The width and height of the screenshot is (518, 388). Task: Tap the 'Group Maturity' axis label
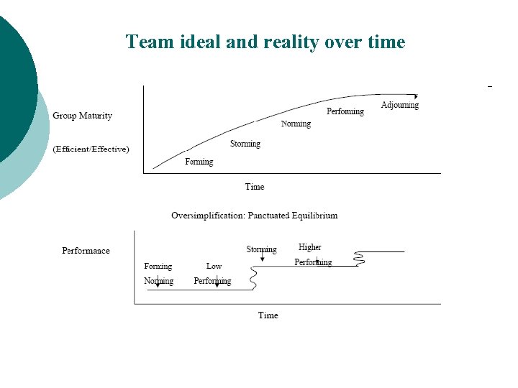tap(83, 116)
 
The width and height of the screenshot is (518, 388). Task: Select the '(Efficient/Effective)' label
tap(91, 149)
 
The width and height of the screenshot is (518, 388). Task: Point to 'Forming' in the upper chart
tap(199, 162)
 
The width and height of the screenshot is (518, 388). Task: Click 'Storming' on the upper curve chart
tap(245, 144)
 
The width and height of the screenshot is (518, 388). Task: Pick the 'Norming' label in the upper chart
tap(296, 124)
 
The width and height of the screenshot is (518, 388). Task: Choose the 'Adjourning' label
tap(399, 105)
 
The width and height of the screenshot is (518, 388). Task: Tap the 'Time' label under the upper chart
tap(255, 187)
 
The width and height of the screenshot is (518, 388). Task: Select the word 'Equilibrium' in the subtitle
tap(313, 216)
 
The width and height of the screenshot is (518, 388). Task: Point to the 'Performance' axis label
tap(86, 251)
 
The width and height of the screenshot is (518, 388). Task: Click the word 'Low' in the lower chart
tap(214, 267)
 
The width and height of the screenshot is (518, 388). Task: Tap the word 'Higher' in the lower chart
tap(310, 247)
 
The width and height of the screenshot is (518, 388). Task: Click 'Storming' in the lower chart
tap(261, 250)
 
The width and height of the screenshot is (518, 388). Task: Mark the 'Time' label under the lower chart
tap(268, 315)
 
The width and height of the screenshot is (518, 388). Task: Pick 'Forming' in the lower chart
tap(158, 267)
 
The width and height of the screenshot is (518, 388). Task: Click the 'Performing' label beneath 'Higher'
tap(313, 262)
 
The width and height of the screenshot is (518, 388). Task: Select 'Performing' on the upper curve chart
tap(345, 111)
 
